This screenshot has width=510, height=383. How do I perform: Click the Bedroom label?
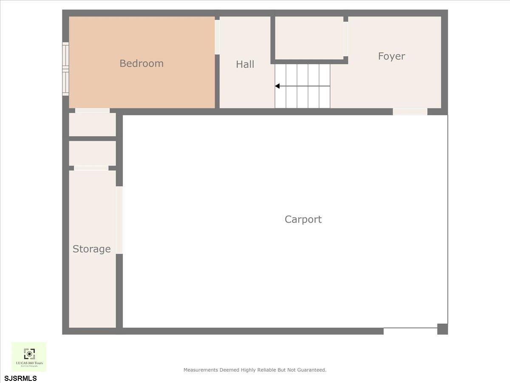click(142, 63)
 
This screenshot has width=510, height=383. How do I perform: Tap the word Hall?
click(245, 64)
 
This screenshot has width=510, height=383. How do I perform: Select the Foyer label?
click(391, 56)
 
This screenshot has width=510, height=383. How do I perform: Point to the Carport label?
click(303, 219)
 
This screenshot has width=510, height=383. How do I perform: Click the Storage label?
click(91, 249)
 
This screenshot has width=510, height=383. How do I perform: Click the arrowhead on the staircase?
click(277, 86)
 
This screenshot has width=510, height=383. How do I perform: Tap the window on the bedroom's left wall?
click(65, 69)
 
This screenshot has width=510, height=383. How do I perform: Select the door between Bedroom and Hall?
click(217, 37)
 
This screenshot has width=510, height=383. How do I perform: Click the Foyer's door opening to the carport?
click(410, 111)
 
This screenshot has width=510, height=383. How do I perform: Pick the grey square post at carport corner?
click(442, 329)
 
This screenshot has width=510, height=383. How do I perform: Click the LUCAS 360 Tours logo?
click(29, 357)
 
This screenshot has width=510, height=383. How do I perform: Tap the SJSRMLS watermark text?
click(20, 378)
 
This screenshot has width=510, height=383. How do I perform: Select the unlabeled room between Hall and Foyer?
click(309, 38)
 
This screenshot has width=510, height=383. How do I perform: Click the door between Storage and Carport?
click(119, 220)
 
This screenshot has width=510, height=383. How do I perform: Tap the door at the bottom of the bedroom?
click(92, 111)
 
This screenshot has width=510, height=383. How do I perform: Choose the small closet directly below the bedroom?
click(92, 125)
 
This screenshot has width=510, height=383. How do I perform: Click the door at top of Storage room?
click(91, 168)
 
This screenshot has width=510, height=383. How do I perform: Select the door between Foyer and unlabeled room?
click(346, 39)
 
